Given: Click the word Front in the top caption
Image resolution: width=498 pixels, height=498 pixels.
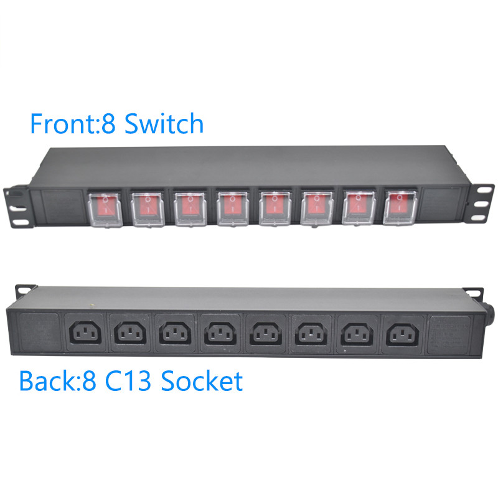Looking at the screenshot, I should (57, 124).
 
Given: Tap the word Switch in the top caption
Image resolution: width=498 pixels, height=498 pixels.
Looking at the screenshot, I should (164, 124).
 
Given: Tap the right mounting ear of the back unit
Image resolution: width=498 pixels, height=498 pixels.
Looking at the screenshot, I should (473, 293).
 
